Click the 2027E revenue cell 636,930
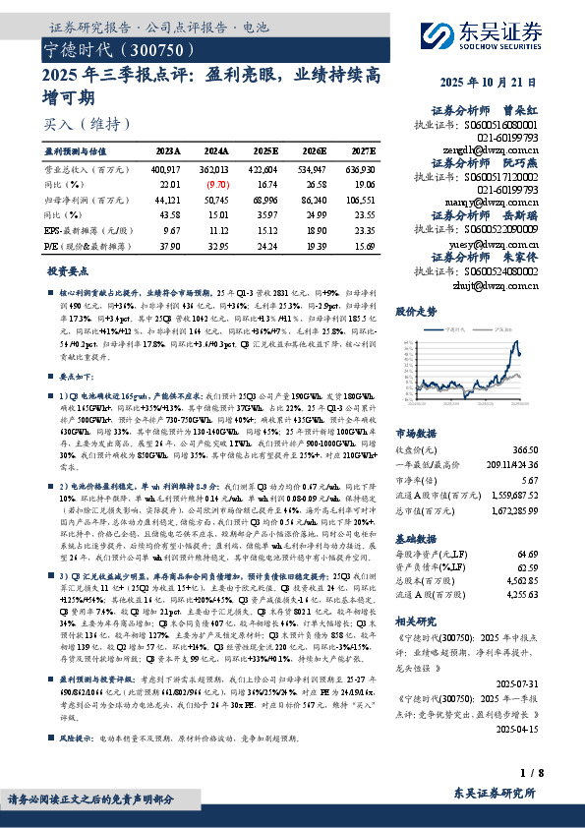point(359,169)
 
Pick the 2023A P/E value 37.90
point(169,245)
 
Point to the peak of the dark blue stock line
point(517,341)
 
